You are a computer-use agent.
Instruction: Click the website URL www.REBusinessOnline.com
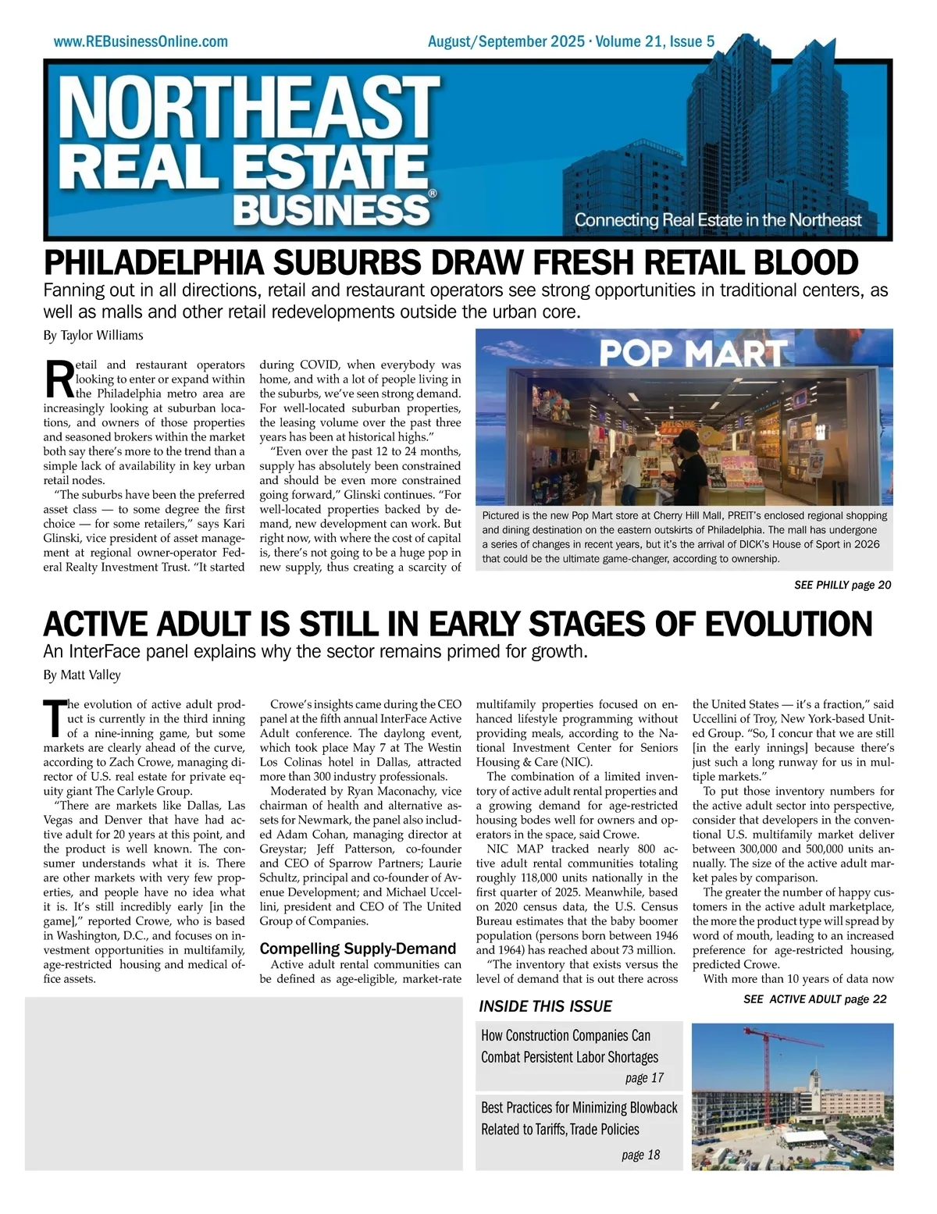pyautogui.click(x=141, y=41)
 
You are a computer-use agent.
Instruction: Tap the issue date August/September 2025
pyautogui.click(x=505, y=41)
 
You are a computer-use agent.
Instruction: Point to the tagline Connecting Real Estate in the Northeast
pyautogui.click(x=718, y=220)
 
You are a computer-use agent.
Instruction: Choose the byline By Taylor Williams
pyautogui.click(x=93, y=336)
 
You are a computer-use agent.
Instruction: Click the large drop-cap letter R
pyautogui.click(x=59, y=378)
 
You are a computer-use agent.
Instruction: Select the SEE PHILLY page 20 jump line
pyautogui.click(x=842, y=585)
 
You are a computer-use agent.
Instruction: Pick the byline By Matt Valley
pyautogui.click(x=82, y=675)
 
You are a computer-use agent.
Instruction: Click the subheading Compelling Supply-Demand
pyautogui.click(x=358, y=949)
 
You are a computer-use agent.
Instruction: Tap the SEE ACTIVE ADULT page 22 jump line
pyautogui.click(x=814, y=999)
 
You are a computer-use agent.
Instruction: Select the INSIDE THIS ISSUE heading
pyautogui.click(x=545, y=1006)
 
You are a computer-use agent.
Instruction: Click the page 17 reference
pyautogui.click(x=644, y=1078)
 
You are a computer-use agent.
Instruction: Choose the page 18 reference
pyautogui.click(x=640, y=1155)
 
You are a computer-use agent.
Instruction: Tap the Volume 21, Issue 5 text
pyautogui.click(x=654, y=41)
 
